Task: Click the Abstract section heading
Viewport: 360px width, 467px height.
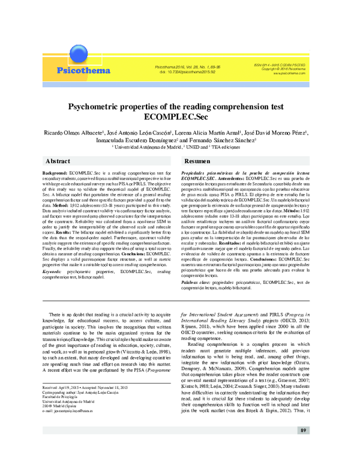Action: pos(58,161)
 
